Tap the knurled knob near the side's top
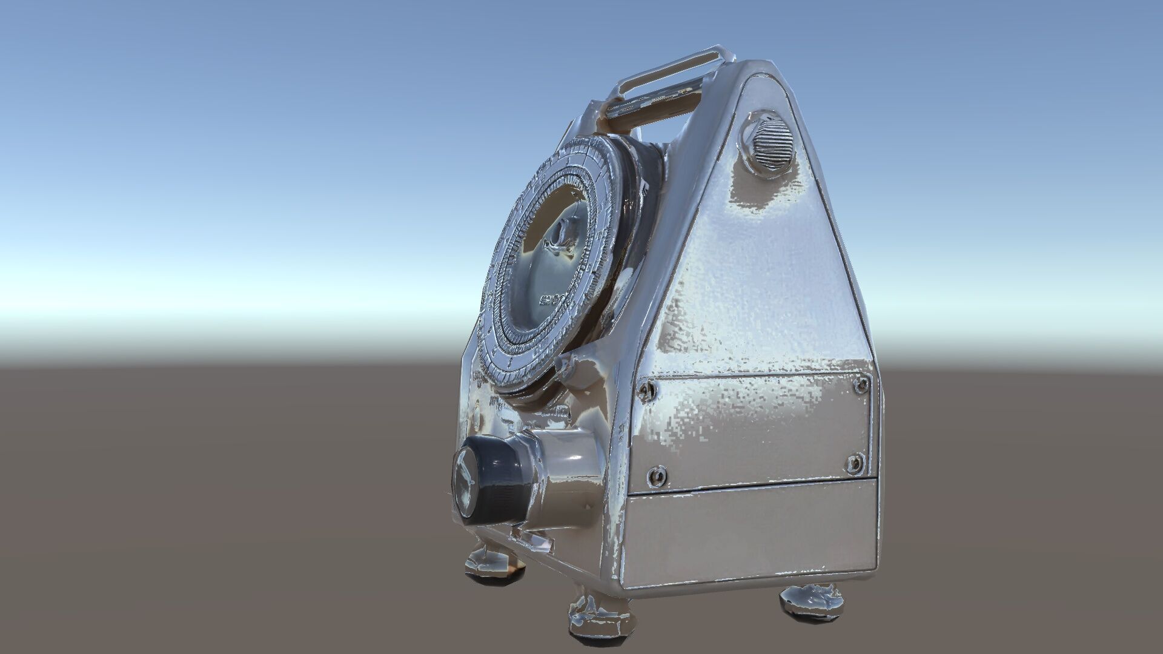(x=767, y=144)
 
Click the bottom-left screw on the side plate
(x=657, y=477)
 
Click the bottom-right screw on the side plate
(x=855, y=463)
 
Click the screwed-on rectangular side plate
(x=754, y=430)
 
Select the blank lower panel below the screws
(x=751, y=533)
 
